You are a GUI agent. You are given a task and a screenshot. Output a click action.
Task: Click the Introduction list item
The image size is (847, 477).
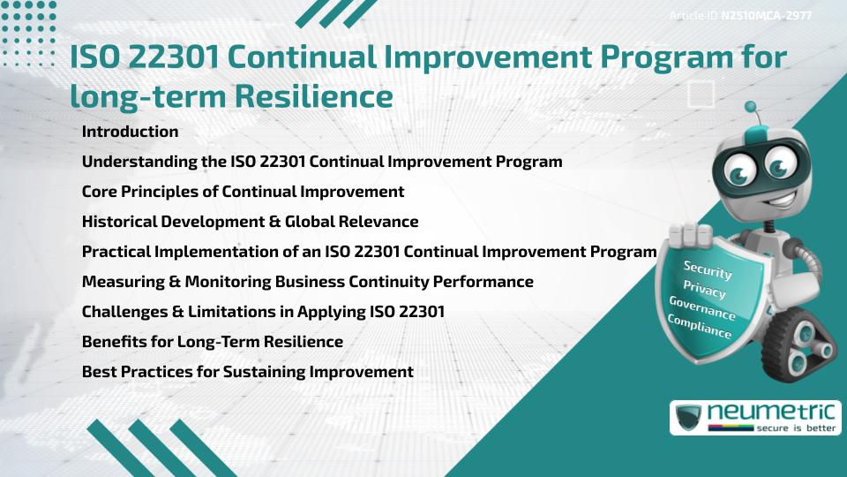130,132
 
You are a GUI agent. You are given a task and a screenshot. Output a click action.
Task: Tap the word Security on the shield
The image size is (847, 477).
707,270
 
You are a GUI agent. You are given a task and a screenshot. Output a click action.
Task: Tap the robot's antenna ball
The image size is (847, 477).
751,108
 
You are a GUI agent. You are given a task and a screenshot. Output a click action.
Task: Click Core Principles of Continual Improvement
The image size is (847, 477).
243,192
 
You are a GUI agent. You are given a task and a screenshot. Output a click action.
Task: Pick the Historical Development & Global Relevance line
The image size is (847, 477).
250,222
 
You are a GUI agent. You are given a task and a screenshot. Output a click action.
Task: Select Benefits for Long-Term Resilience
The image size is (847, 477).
212,341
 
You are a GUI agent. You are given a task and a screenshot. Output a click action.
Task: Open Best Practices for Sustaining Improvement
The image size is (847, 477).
247,372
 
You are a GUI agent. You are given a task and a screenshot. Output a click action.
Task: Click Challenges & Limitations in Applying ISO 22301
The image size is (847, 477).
263,311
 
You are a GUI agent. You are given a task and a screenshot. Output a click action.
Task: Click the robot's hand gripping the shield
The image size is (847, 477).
691,236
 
